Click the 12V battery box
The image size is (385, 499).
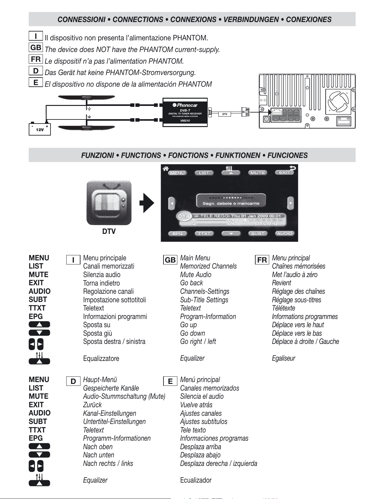40,129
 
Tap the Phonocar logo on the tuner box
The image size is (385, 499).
185,105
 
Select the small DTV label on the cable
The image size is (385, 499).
225,114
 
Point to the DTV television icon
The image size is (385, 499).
109,203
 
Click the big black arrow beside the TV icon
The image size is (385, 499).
147,203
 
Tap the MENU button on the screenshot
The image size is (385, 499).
177,173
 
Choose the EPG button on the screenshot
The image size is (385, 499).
177,234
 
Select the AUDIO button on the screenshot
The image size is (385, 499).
284,234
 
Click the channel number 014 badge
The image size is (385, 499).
184,217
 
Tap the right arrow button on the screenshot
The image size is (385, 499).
290,203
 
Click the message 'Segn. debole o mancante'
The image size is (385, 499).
231,203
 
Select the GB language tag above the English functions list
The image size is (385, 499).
170,260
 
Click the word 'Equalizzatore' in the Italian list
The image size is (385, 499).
101,358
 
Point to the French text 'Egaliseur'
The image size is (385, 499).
283,358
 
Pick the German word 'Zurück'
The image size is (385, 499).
92,405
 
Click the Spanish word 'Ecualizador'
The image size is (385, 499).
196,480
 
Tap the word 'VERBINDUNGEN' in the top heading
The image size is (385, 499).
251,20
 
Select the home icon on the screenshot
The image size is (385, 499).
165,169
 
